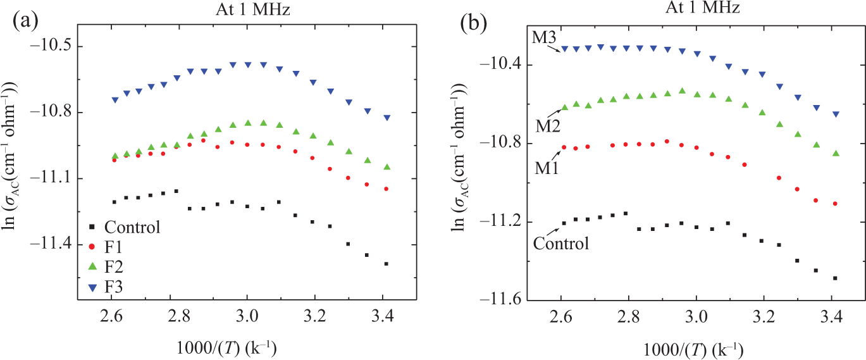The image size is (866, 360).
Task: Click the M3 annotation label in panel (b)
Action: tap(544, 37)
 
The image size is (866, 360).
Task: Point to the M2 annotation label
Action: tap(548, 126)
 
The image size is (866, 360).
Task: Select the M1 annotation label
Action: tap(547, 168)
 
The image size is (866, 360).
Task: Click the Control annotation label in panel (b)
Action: tap(561, 243)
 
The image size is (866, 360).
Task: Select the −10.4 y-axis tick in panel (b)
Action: tap(498, 65)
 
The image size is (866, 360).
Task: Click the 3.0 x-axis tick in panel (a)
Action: tap(247, 316)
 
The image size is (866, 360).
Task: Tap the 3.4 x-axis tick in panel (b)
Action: tap(832, 317)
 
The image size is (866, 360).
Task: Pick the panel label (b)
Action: tap(474, 24)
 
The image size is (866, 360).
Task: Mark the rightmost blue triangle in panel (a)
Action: tap(387, 118)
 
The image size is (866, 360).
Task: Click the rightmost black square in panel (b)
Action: tap(835, 278)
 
